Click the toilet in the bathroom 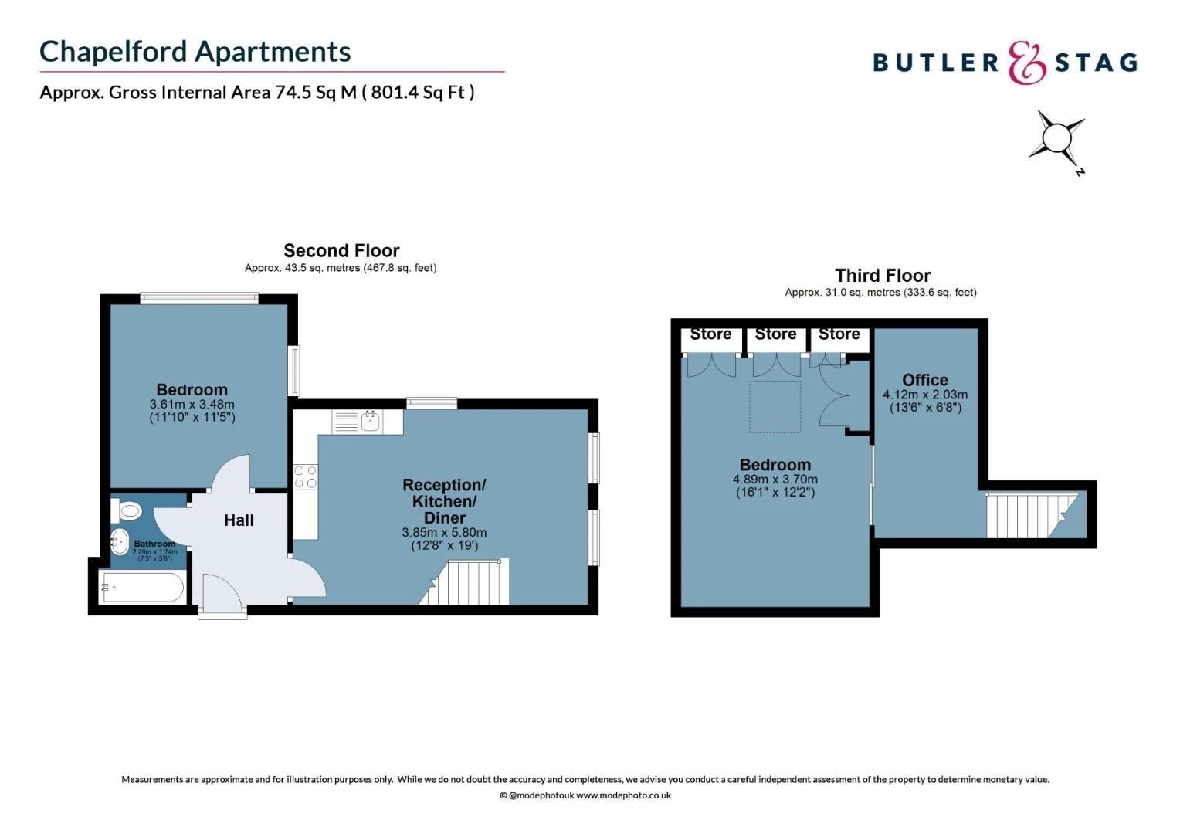pyautogui.click(x=126, y=510)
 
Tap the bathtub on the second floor pyautogui.click(x=142, y=587)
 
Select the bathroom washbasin pyautogui.click(x=120, y=541)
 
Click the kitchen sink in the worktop pyautogui.click(x=371, y=421)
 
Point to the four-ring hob pyautogui.click(x=306, y=476)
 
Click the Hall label pyautogui.click(x=239, y=520)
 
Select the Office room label pyautogui.click(x=925, y=379)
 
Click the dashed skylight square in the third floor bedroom pyautogui.click(x=775, y=407)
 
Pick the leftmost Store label pyautogui.click(x=710, y=334)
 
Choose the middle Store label pyautogui.click(x=775, y=334)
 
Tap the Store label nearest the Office pyautogui.click(x=839, y=334)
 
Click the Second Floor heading pyautogui.click(x=341, y=250)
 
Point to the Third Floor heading pyautogui.click(x=883, y=276)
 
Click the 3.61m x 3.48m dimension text pyautogui.click(x=192, y=404)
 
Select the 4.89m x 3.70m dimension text pyautogui.click(x=775, y=480)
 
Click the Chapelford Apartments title pyautogui.click(x=195, y=52)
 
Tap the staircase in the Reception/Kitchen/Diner pyautogui.click(x=464, y=581)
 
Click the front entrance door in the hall pyautogui.click(x=222, y=595)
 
